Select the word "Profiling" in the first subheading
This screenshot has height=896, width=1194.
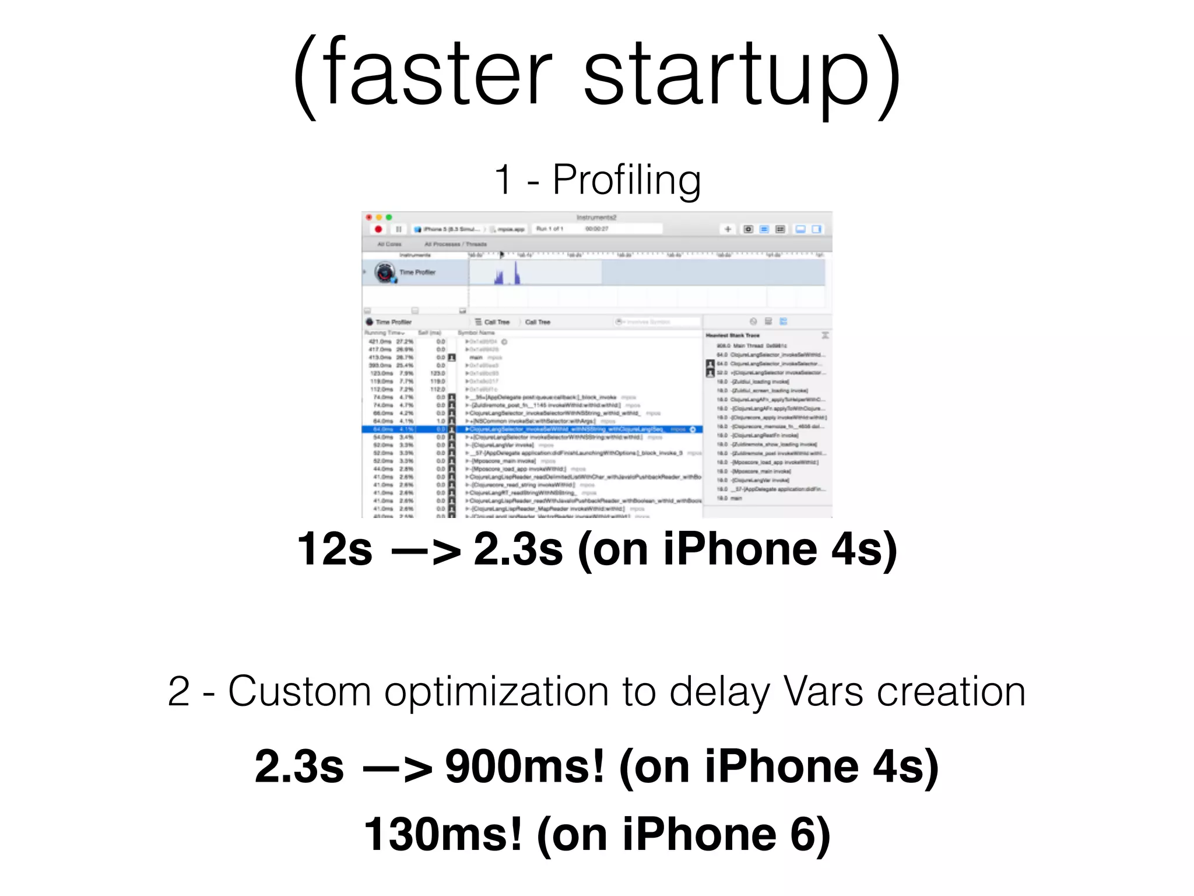pos(626,180)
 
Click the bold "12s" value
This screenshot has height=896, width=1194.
pos(334,549)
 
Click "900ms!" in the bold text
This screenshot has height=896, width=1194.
pos(525,766)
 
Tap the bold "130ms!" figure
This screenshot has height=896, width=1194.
pos(443,835)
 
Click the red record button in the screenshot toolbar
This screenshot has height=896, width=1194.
pos(378,229)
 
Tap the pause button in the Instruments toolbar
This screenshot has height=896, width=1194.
pos(399,229)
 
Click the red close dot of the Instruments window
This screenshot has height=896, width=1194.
pos(368,218)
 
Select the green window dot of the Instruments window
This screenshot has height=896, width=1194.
pos(389,218)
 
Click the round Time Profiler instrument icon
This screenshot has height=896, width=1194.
pos(385,272)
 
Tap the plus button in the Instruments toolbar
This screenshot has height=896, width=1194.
pos(728,229)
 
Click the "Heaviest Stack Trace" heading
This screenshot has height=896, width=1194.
pos(733,335)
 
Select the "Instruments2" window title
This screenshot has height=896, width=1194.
pos(596,218)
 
